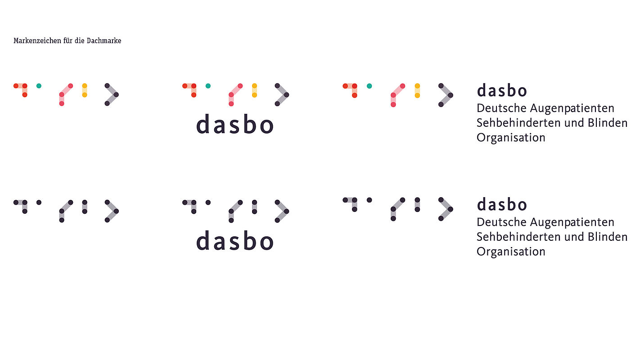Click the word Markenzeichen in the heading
37,41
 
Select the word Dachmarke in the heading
104,41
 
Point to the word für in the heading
68,41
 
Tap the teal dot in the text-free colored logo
39,85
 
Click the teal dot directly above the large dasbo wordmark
208,85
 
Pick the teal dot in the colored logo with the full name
369,85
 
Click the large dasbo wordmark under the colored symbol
235,124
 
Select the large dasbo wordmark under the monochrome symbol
235,241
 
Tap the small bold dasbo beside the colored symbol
502,90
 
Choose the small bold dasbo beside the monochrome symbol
502,204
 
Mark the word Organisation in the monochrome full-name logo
511,252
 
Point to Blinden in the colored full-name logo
608,123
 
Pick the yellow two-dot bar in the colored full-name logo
417,90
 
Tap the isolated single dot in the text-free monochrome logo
39,202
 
